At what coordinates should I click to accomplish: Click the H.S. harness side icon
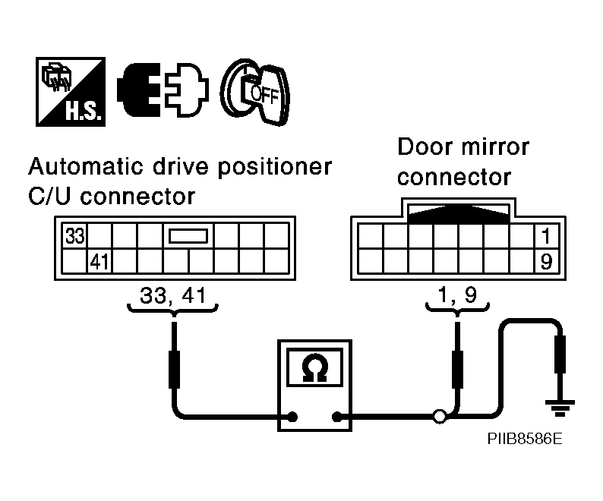pyautogui.click(x=71, y=92)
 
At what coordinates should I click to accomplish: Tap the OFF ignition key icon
pyautogui.click(x=255, y=92)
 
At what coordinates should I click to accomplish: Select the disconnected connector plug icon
pyautogui.click(x=163, y=90)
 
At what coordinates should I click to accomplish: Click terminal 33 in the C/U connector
pyautogui.click(x=74, y=235)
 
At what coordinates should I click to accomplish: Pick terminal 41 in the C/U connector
pyautogui.click(x=99, y=261)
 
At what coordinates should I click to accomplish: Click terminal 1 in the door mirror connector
pyautogui.click(x=546, y=235)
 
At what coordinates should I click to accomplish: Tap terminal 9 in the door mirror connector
pyautogui.click(x=546, y=261)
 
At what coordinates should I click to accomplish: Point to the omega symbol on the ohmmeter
pyautogui.click(x=314, y=367)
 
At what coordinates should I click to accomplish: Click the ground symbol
pyautogui.click(x=560, y=408)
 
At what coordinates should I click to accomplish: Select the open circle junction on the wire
pyautogui.click(x=440, y=417)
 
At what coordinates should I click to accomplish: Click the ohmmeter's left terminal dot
pyautogui.click(x=292, y=417)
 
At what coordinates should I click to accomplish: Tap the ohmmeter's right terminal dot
pyautogui.click(x=337, y=417)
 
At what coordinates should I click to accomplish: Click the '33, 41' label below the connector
pyautogui.click(x=173, y=295)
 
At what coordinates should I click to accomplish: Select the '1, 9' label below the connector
pyautogui.click(x=458, y=295)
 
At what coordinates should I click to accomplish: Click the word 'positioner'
pyautogui.click(x=275, y=168)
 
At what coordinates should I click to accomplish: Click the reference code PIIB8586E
pyautogui.click(x=525, y=439)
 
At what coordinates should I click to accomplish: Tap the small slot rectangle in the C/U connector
pyautogui.click(x=188, y=235)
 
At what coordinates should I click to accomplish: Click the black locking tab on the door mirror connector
pyautogui.click(x=459, y=214)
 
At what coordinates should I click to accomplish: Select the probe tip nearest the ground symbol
pyautogui.click(x=560, y=354)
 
